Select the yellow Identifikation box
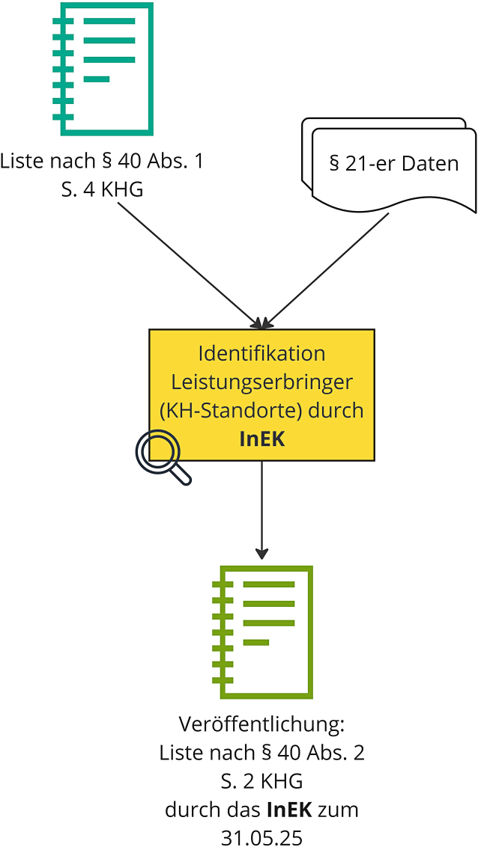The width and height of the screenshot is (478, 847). pos(261,394)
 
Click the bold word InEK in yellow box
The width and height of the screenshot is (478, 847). pos(261,439)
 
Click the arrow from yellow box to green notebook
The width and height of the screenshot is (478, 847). pos(261,509)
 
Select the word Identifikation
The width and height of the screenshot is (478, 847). pos(261,353)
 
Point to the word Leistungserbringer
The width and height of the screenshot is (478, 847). pos(261,382)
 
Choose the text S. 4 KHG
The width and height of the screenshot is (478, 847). pos(102,190)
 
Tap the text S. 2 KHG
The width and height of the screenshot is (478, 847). pos(261,782)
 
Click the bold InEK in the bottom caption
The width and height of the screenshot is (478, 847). pos(288,810)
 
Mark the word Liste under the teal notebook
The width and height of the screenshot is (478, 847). pos(21,162)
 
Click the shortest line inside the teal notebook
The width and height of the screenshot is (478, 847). pos(97,79)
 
